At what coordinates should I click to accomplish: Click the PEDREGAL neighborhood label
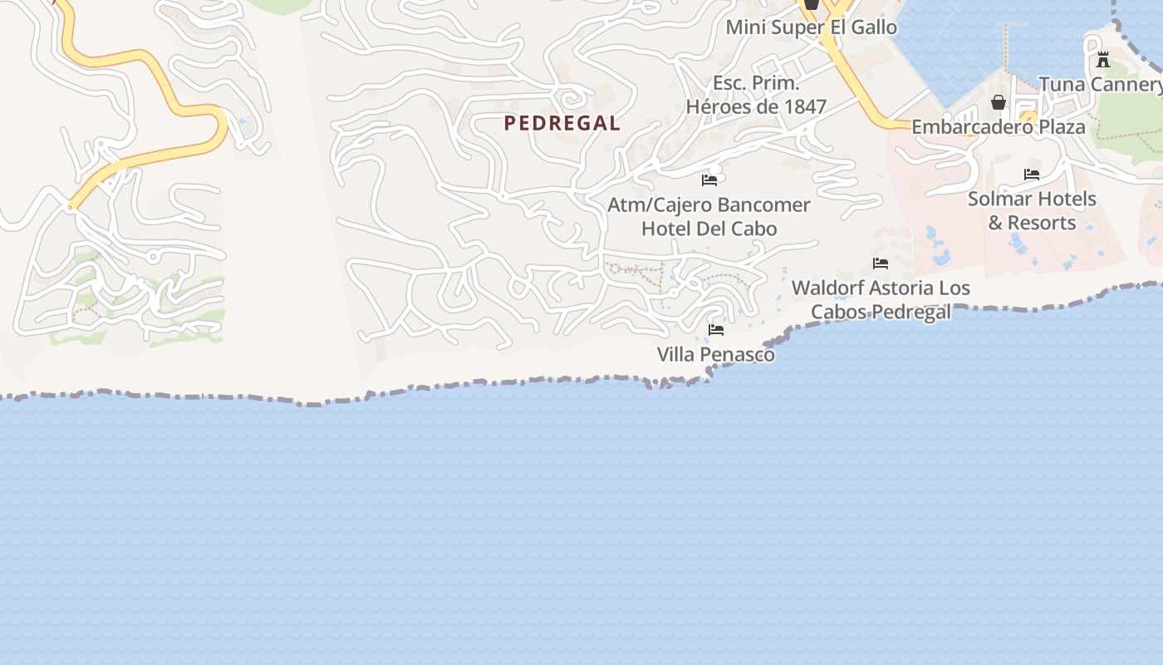click(562, 123)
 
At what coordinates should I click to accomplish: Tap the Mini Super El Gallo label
click(812, 27)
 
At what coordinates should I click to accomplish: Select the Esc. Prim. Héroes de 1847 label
click(756, 95)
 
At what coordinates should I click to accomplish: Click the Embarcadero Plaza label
click(999, 127)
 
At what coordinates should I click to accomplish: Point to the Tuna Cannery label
click(1101, 84)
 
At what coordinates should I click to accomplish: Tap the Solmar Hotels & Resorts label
click(1032, 211)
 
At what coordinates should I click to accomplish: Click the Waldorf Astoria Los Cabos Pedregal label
click(881, 300)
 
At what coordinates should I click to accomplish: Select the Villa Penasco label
click(716, 355)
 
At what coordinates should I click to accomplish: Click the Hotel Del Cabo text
click(709, 229)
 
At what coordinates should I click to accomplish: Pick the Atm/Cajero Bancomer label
click(709, 204)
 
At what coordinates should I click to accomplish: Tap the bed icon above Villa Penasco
click(716, 330)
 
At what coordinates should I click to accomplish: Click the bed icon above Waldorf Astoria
click(881, 264)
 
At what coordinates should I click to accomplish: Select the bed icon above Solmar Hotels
click(1032, 175)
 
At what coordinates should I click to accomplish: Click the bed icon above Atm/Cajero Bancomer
click(709, 180)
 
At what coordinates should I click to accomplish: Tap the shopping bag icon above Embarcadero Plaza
click(999, 102)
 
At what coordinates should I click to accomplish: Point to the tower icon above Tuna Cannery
click(1103, 60)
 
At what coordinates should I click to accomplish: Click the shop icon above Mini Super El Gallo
click(812, 4)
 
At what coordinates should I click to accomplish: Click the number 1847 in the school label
click(804, 106)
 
